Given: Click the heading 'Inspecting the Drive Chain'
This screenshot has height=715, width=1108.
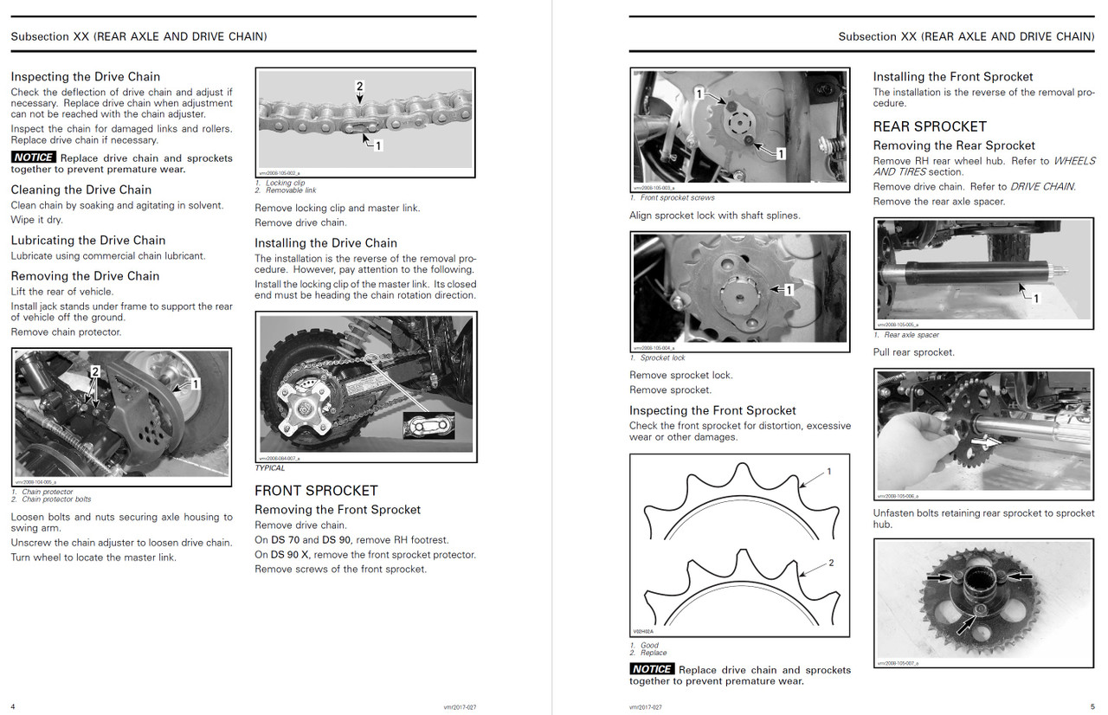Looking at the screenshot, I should click(86, 76).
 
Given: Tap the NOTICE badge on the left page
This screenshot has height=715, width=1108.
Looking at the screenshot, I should click(34, 158).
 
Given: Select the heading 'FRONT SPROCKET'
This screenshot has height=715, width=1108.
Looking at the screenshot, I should click(316, 490).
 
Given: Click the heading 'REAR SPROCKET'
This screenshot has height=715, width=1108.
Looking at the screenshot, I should click(930, 126).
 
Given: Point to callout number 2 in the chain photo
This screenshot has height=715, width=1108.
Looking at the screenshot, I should click(359, 86).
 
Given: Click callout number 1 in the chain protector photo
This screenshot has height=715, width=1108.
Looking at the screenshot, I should click(196, 383).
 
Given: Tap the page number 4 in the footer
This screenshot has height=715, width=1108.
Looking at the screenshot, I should click(13, 706).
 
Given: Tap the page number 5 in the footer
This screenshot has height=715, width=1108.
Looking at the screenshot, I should click(1092, 706).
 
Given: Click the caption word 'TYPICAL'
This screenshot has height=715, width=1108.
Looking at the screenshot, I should click(270, 468).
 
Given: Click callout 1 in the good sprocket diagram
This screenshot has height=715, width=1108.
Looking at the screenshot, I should click(828, 472).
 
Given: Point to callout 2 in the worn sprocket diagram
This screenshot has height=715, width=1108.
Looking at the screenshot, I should click(831, 563).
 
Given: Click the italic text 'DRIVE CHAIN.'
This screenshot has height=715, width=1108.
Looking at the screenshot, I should click(1042, 186).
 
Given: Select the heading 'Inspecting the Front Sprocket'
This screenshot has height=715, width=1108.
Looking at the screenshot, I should click(712, 410).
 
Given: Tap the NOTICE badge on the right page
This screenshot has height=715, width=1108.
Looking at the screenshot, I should click(652, 669).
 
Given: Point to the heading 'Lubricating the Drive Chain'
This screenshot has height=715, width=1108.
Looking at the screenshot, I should click(88, 240).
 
